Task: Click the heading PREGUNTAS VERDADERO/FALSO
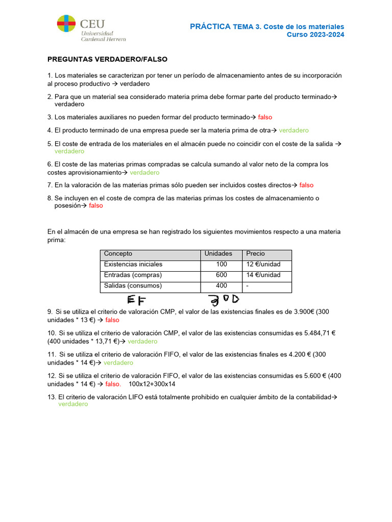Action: (x=107, y=59)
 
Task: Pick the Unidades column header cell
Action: (x=218, y=254)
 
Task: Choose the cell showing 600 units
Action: (x=221, y=275)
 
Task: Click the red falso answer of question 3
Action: (x=265, y=117)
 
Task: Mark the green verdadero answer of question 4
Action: (x=293, y=130)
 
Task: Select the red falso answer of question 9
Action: (x=112, y=320)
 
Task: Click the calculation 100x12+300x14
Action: (x=152, y=384)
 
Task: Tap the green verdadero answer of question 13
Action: (x=73, y=404)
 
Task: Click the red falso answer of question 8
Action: (x=95, y=206)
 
